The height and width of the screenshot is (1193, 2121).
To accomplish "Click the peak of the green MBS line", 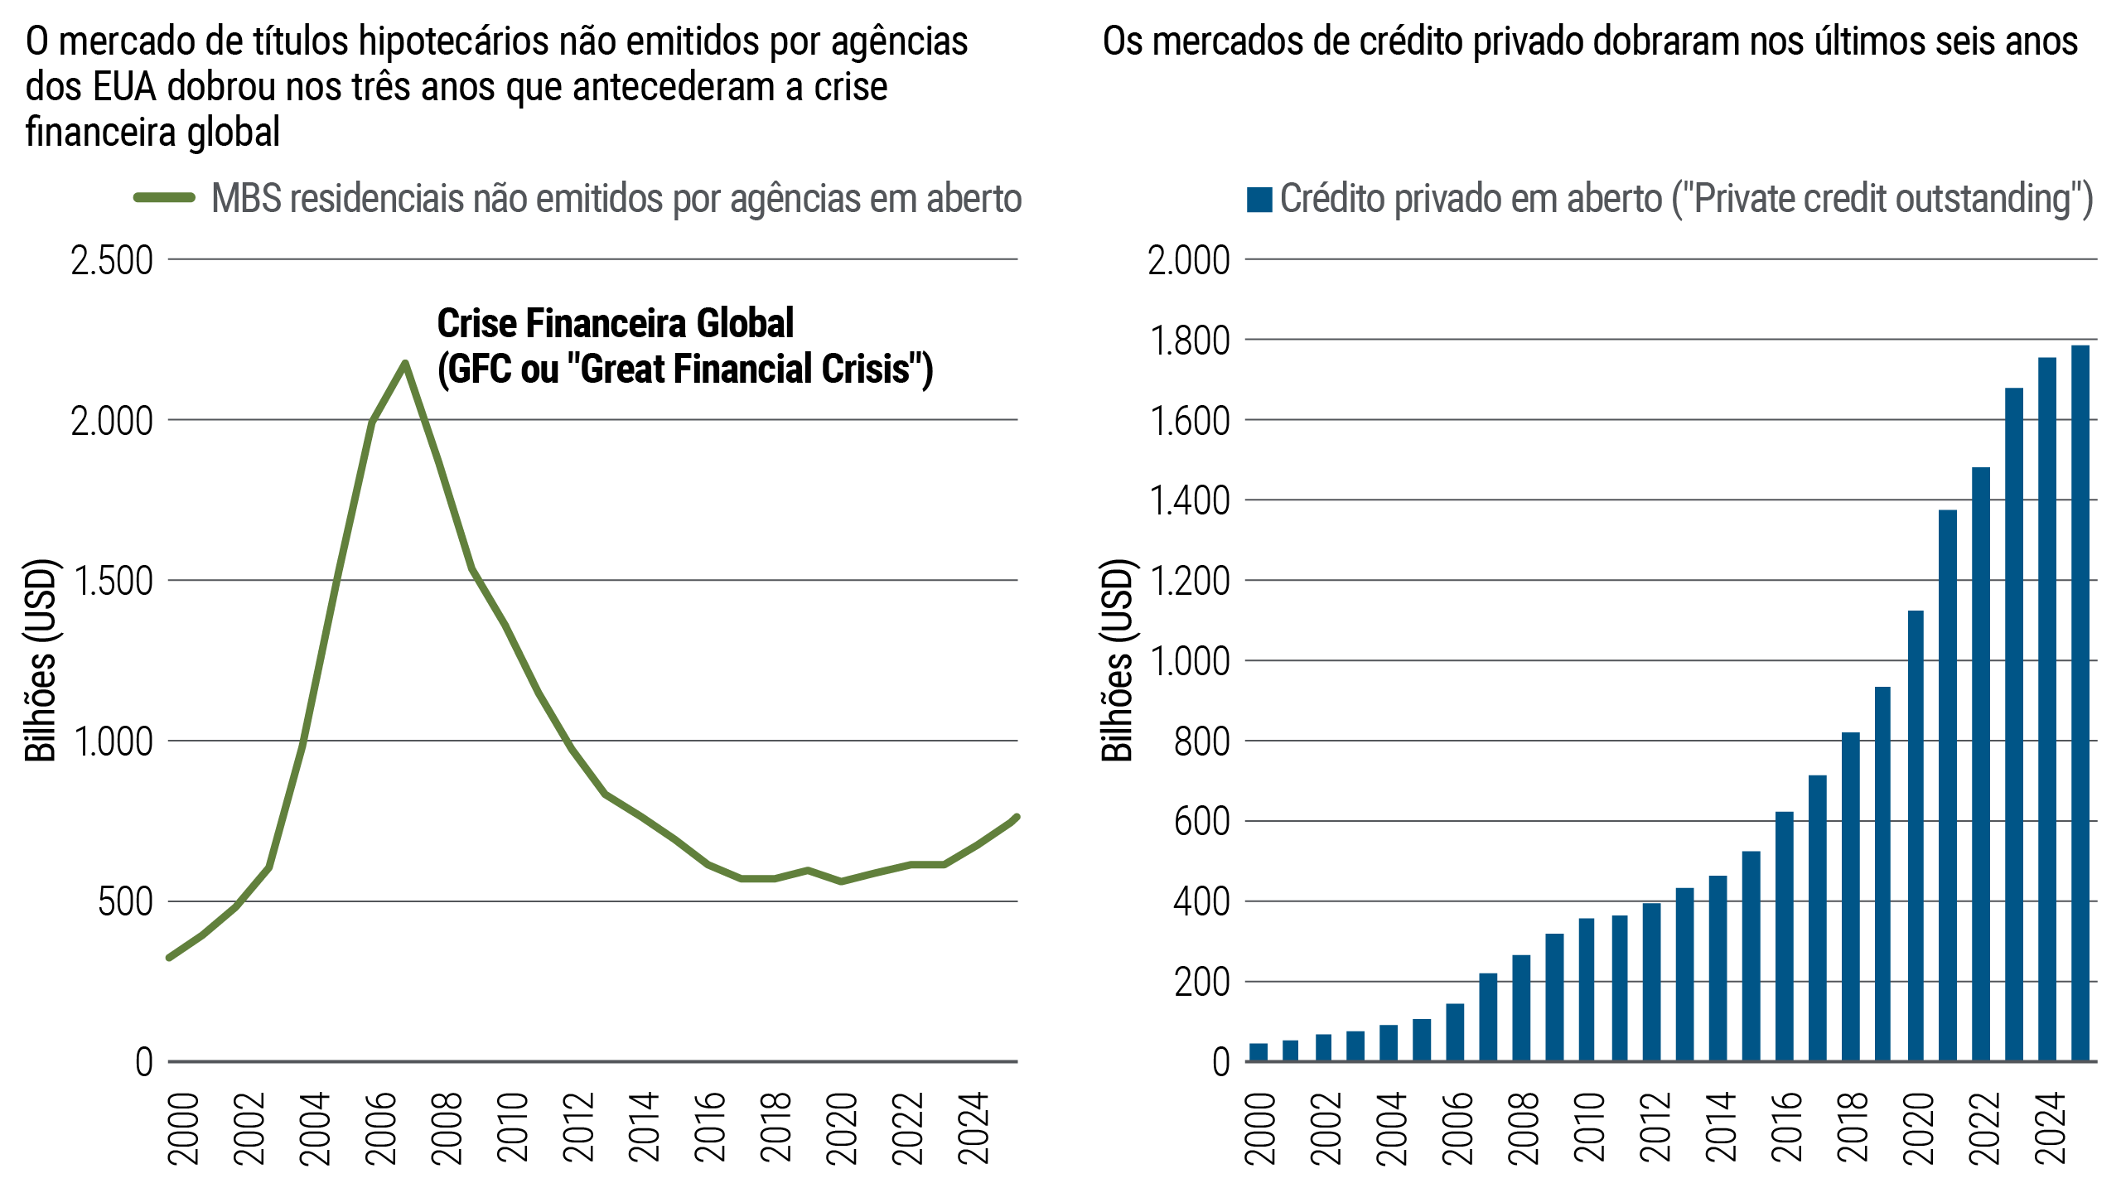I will [x=404, y=363].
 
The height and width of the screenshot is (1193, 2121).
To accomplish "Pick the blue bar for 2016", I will [x=1784, y=936].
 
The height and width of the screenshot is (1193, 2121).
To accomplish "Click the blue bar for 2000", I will [x=1258, y=1051].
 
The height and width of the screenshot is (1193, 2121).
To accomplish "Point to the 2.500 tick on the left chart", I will [x=112, y=261].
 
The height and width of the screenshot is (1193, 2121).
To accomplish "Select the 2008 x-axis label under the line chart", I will [x=447, y=1128].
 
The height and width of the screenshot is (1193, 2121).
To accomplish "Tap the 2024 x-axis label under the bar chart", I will [x=2051, y=1128].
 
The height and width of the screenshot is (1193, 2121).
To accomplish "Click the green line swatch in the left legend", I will [x=165, y=198].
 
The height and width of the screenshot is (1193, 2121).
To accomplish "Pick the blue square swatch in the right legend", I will [x=1259, y=200].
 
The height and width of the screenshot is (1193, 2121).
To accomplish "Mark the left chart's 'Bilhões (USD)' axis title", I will [x=41, y=660].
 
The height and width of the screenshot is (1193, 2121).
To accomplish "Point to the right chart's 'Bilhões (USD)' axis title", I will [x=1117, y=660].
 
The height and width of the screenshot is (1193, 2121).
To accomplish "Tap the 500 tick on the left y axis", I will [x=125, y=902].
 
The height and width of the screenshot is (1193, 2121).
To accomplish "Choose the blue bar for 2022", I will [x=1981, y=764].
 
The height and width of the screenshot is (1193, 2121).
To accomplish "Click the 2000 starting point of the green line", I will [x=169, y=957].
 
